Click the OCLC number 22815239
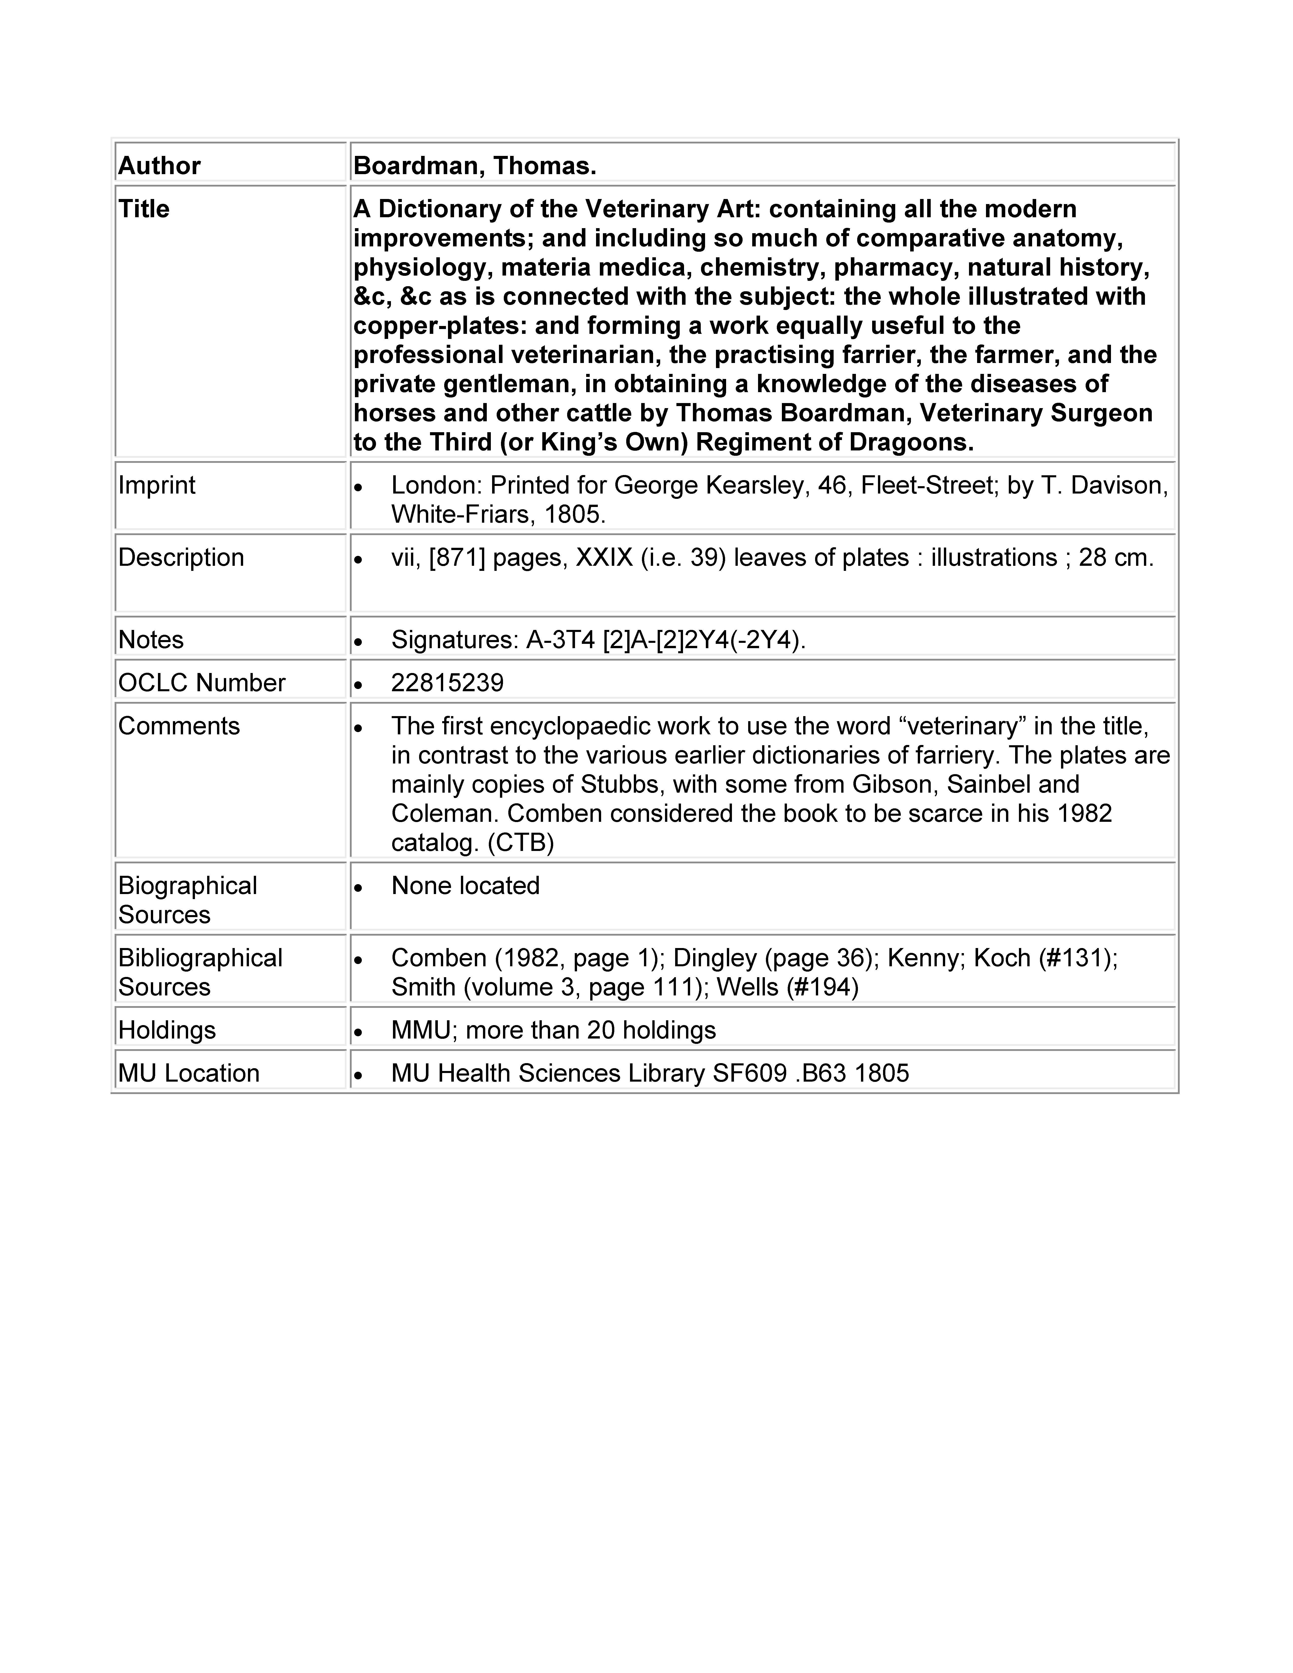[447, 683]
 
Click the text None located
[465, 885]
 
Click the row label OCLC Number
[202, 683]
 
